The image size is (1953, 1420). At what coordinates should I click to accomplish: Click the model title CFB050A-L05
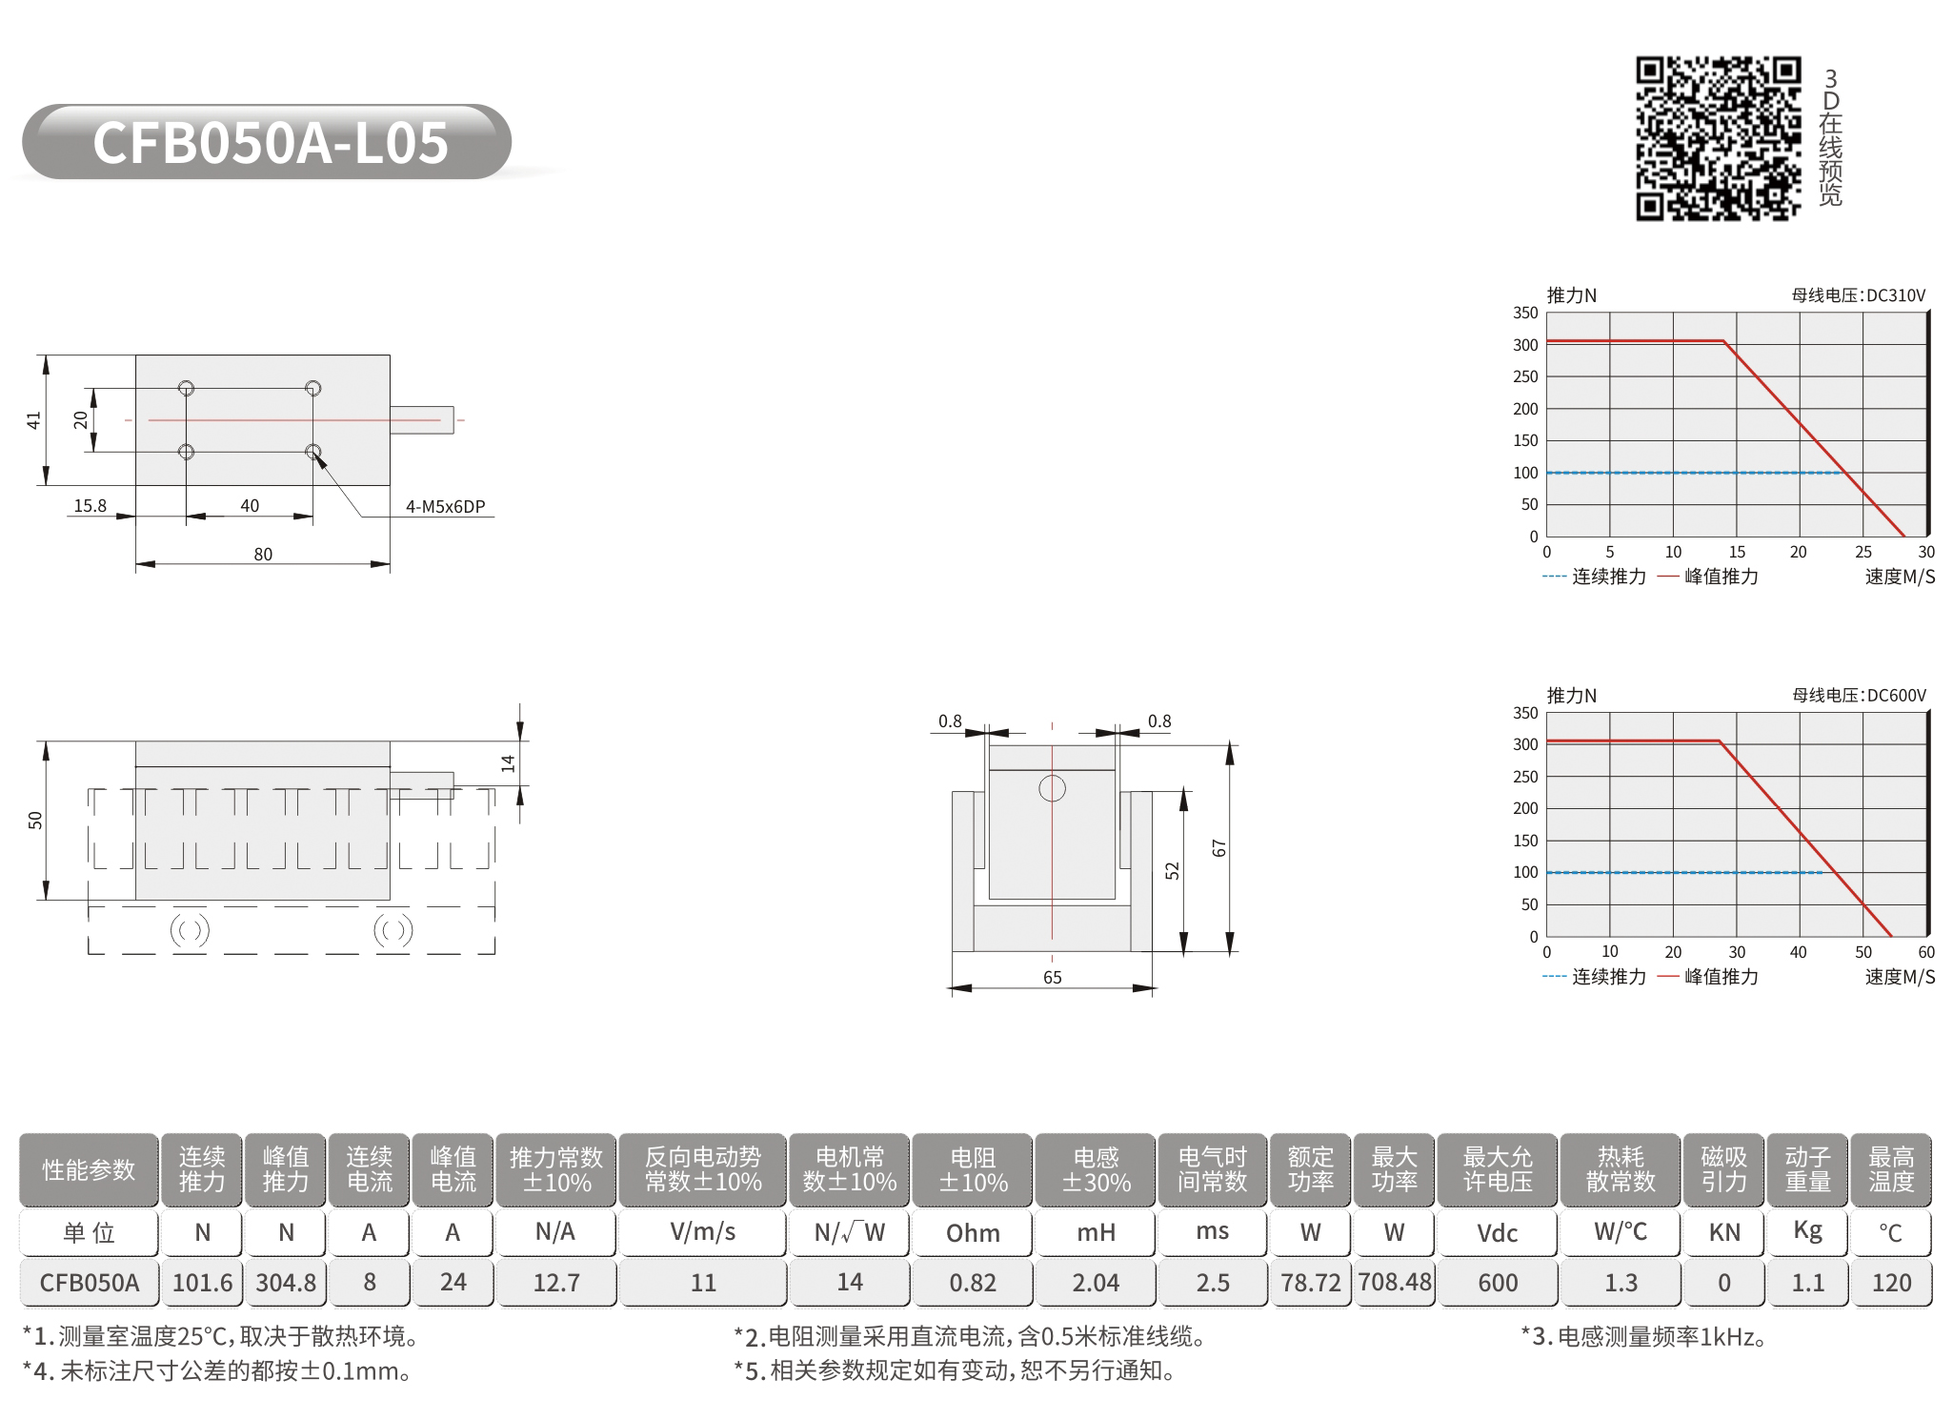point(271,143)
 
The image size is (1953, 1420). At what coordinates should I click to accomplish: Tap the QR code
point(1719,139)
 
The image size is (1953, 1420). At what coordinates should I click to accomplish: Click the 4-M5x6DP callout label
point(445,507)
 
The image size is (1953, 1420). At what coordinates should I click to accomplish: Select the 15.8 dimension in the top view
point(91,506)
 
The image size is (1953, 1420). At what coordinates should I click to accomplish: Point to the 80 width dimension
point(263,555)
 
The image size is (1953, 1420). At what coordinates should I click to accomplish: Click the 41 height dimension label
point(34,420)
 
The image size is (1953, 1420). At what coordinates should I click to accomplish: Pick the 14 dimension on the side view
point(508,763)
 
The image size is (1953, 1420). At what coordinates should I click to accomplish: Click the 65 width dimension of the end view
point(1052,978)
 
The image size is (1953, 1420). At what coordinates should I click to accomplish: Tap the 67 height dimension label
point(1219,848)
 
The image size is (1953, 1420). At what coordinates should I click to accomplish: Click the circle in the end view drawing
point(1052,788)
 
